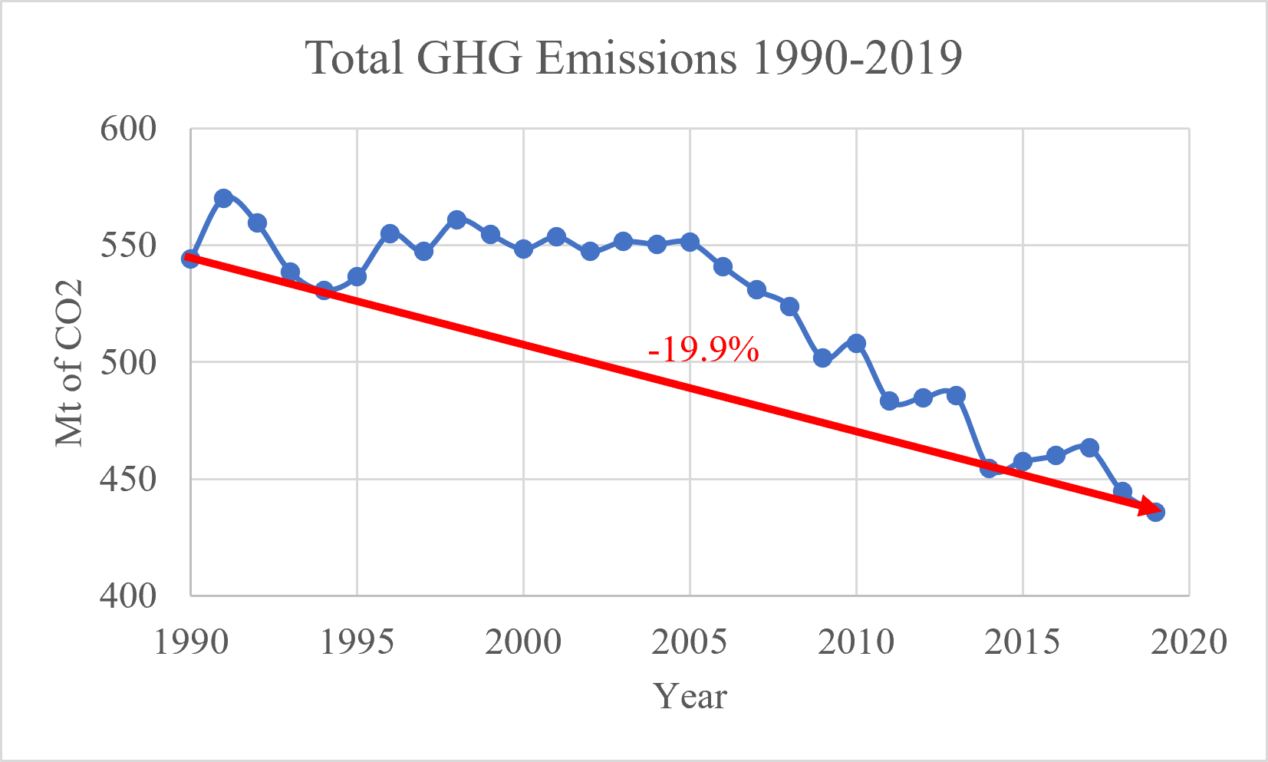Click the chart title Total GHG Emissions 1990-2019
coord(634,58)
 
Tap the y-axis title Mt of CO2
coord(69,363)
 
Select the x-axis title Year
coord(690,697)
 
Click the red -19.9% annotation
coord(703,351)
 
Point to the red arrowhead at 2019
coord(1149,509)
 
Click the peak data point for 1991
coord(223,198)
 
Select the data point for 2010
coord(856,343)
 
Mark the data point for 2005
coord(690,242)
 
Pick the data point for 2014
coord(989,468)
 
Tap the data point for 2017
coord(1089,447)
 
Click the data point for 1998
coord(456,220)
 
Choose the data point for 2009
coord(822,358)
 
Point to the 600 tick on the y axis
coord(128,129)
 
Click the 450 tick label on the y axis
coord(128,480)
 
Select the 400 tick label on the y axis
coord(128,596)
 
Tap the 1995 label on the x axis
coord(357,642)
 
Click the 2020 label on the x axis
coord(1189,642)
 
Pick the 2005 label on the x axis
coord(690,642)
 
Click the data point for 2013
coord(956,395)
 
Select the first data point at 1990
coord(190,259)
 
